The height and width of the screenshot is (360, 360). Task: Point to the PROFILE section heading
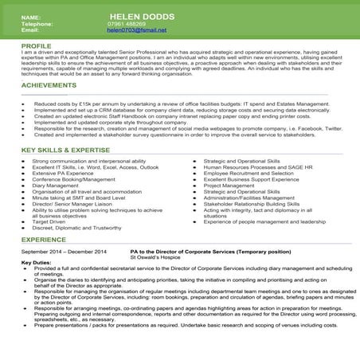pos(37,46)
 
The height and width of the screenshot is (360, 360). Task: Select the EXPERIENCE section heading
pos(44,239)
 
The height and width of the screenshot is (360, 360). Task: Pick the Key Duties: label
pos(36,264)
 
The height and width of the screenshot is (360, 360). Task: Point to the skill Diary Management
pos(61,186)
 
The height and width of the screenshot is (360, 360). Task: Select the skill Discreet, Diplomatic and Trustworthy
pos(76,227)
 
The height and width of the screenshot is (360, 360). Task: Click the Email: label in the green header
pos(30,30)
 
